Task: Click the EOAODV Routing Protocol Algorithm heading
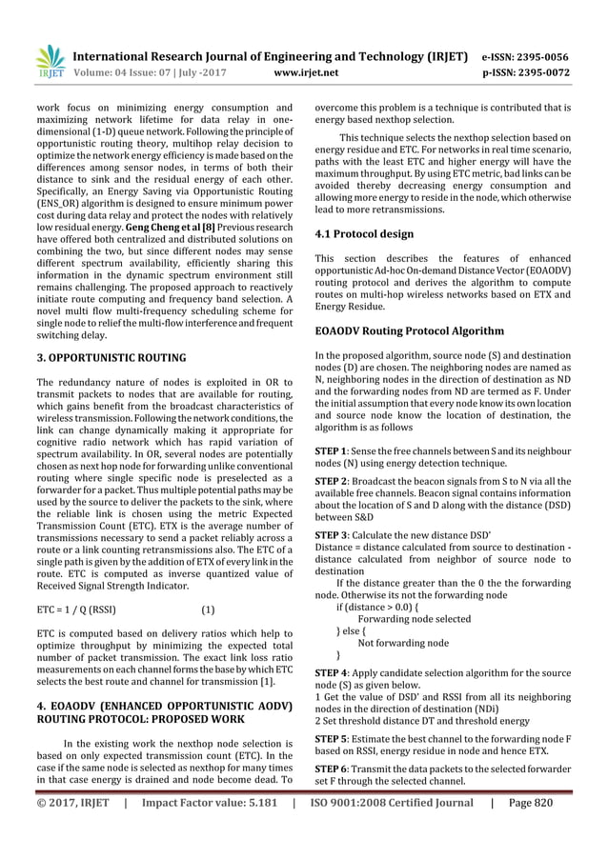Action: click(410, 331)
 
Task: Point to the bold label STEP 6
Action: click(332, 768)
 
